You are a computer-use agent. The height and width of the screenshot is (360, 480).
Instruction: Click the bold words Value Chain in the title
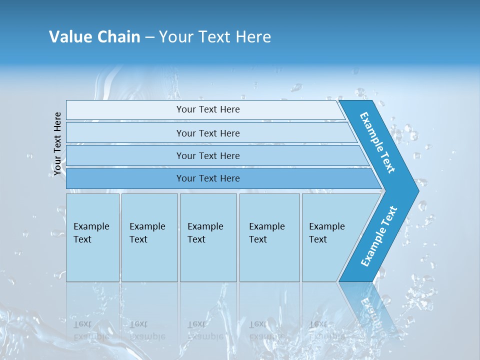(x=94, y=37)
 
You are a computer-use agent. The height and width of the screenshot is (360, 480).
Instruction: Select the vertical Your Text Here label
(x=57, y=144)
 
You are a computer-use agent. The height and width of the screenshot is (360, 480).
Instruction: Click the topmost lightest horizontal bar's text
(x=208, y=109)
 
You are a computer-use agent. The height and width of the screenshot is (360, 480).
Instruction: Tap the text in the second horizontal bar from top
(x=208, y=133)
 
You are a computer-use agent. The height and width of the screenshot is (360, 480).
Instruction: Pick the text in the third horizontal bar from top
(x=208, y=156)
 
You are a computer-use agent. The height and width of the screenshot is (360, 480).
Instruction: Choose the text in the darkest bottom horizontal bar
(x=208, y=178)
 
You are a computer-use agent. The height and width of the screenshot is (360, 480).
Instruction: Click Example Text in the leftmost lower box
(x=91, y=233)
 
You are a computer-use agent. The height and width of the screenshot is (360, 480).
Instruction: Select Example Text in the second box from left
(x=147, y=233)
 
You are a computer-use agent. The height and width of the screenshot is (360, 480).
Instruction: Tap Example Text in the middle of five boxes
(x=205, y=233)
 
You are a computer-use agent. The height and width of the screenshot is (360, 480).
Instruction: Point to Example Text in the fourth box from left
(x=266, y=233)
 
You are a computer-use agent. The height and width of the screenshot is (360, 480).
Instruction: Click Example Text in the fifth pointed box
(x=326, y=233)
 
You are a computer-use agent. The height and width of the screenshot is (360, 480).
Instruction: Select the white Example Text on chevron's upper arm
(x=377, y=142)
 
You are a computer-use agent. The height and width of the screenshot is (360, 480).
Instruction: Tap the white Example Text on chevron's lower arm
(x=379, y=236)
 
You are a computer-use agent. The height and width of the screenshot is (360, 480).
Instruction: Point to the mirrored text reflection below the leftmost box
(x=91, y=330)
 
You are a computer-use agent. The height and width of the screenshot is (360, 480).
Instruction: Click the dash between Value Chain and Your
(x=149, y=37)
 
